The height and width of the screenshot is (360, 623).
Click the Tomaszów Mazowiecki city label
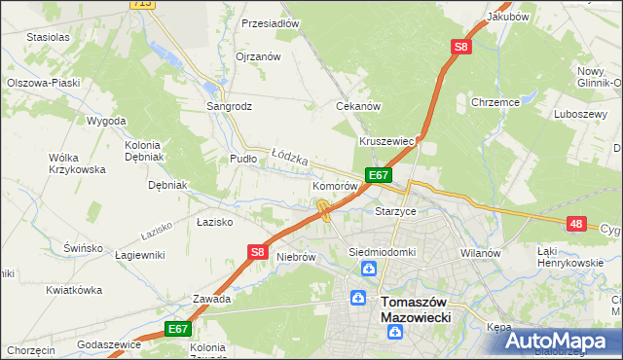pos(421,309)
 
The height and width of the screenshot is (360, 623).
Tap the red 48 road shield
pos(576,224)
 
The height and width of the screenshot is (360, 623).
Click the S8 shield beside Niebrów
pos(257,252)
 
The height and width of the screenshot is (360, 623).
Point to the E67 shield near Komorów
pos(379,175)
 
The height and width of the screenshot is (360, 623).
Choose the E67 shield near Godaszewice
pos(176,330)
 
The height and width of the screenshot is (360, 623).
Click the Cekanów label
pos(357,106)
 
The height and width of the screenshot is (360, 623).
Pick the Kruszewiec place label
pos(387,141)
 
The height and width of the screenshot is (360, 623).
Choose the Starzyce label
pos(396,210)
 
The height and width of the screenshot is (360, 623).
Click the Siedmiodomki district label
pos(383,252)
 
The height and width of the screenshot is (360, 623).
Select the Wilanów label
pos(480,252)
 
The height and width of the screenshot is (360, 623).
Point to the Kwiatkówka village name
pos(74,290)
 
